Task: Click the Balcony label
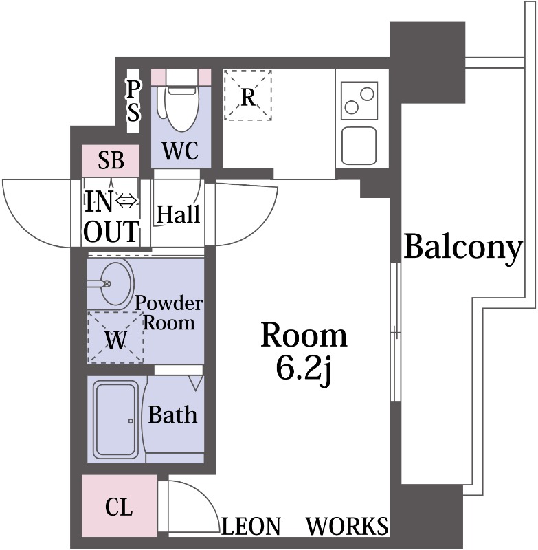point(463,248)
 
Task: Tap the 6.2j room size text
point(304,369)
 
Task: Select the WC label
point(180,151)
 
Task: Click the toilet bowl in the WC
point(181,105)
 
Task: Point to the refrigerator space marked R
point(248,95)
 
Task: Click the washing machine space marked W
point(115,337)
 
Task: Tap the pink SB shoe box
point(111,160)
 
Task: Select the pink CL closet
point(119,506)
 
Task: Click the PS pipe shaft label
point(133,100)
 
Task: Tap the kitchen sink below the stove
point(359,146)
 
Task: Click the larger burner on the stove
point(367,94)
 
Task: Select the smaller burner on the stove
point(351,107)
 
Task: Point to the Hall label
point(178,214)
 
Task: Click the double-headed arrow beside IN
point(126,201)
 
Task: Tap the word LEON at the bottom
point(251,526)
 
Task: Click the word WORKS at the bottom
point(348,526)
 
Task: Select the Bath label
point(172,415)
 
